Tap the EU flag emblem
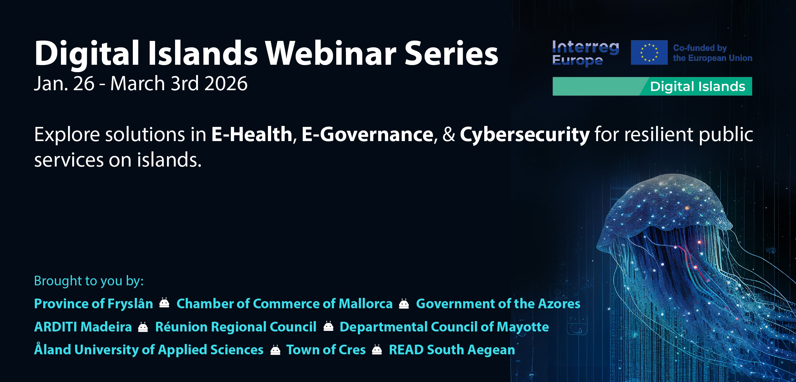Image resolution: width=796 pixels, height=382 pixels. click(x=649, y=53)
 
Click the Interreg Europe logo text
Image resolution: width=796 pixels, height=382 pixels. click(x=585, y=53)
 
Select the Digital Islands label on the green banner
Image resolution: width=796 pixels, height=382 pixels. click(x=698, y=86)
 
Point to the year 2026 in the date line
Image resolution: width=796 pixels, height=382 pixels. click(x=226, y=84)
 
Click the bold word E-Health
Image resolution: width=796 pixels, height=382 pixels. click(x=252, y=134)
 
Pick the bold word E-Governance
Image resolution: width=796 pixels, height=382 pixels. click(x=368, y=134)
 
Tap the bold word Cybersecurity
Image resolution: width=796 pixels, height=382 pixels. click(x=525, y=135)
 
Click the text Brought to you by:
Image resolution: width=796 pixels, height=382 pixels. click(x=89, y=281)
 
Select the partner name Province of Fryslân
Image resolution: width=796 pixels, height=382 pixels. click(x=93, y=304)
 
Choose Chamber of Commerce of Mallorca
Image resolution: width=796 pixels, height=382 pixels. click(x=285, y=304)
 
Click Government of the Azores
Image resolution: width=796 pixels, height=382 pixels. click(x=498, y=304)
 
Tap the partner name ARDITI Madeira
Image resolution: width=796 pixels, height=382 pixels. click(x=83, y=327)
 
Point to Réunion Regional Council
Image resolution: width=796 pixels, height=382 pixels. click(x=236, y=327)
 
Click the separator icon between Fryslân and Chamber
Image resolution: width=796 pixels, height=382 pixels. click(x=164, y=303)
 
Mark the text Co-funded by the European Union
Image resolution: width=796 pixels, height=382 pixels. click(x=712, y=53)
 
